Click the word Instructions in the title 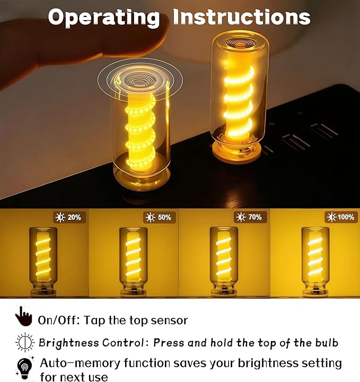(242, 17)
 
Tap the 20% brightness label (69, 217)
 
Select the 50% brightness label (160, 217)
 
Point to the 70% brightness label (250, 217)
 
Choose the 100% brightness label (342, 217)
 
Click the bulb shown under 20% (43, 262)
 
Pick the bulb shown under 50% (133, 262)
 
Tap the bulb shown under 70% (224, 262)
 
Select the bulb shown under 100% (315, 262)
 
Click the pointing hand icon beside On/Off (24, 316)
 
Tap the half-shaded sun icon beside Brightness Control (25, 342)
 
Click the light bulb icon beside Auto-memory (25, 368)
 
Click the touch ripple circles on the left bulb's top (140, 80)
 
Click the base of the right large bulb (236, 150)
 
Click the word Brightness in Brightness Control (69, 343)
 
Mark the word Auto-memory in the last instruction (80, 363)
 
